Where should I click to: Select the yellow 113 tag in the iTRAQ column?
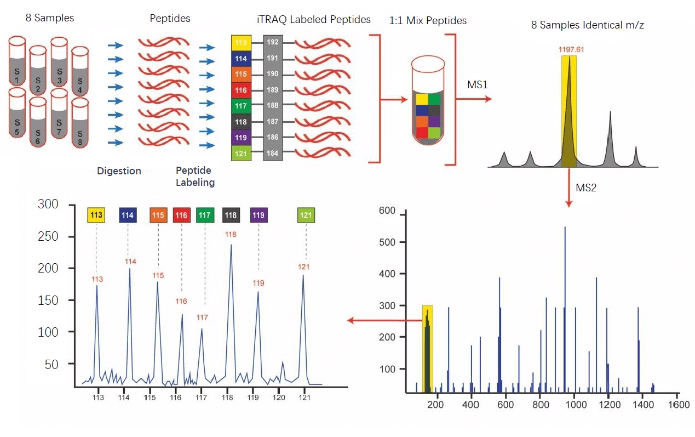point(241,42)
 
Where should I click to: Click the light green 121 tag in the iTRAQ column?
point(241,153)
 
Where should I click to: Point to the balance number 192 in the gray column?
point(272,42)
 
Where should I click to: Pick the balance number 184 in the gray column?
point(272,153)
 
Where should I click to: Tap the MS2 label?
point(586,188)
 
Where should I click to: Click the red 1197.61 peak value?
point(571,49)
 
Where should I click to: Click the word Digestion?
point(119,171)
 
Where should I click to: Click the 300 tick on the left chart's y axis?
point(48,205)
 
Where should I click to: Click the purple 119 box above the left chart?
point(259,215)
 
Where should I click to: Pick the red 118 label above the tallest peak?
point(231,235)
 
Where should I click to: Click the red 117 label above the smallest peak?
point(202,317)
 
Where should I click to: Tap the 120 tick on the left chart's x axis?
point(279,397)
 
